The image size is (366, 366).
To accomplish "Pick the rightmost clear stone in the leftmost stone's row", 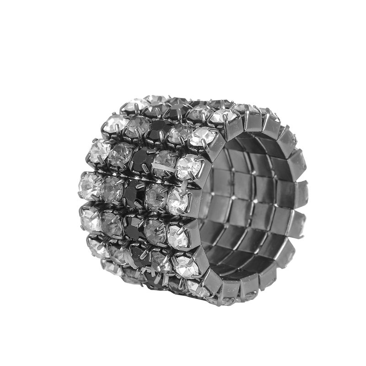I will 178,200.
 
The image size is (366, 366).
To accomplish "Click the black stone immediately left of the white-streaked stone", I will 142,158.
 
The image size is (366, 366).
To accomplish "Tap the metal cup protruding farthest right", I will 300,193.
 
